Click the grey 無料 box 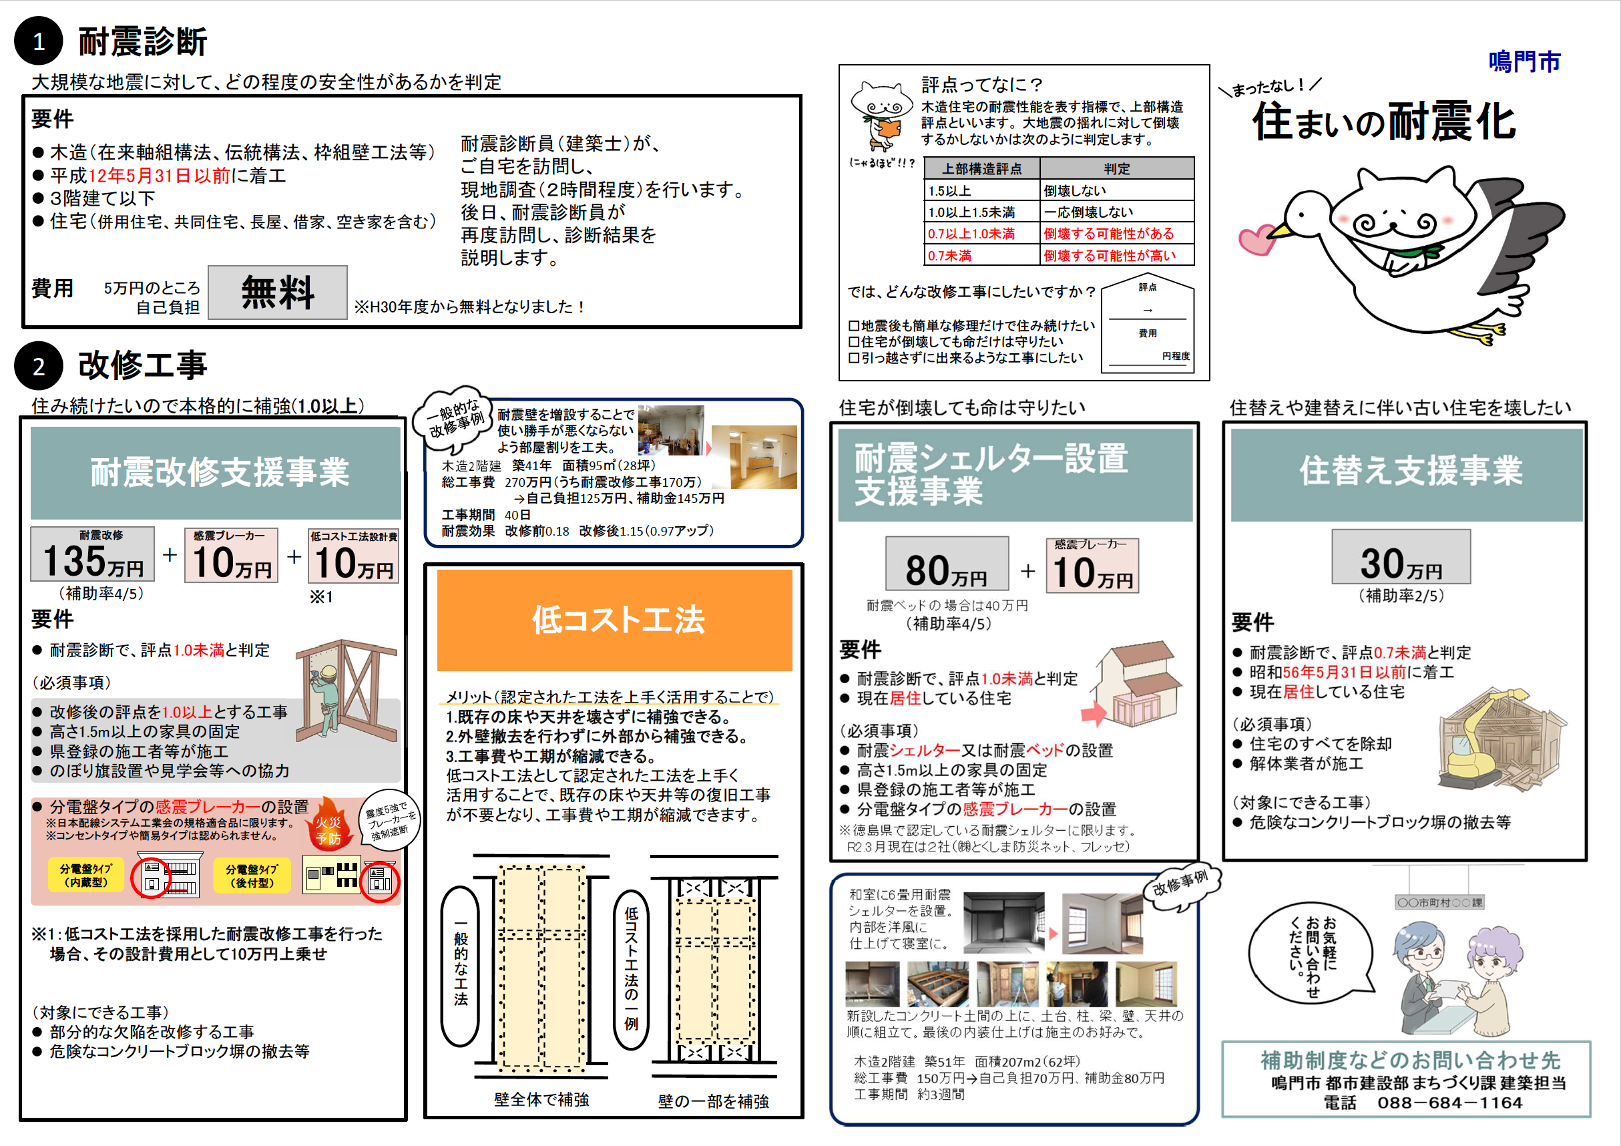click(277, 293)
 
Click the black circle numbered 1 click(39, 41)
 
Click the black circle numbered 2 click(39, 366)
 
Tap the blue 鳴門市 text click(1524, 61)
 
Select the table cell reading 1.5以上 click(980, 190)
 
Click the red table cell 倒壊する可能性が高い click(1116, 255)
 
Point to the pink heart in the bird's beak click(1256, 239)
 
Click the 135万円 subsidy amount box click(93, 554)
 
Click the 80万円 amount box click(946, 564)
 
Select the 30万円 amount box click(1401, 557)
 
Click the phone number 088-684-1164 click(1449, 1102)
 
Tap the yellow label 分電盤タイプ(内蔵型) click(85, 876)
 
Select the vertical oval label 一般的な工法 click(460, 966)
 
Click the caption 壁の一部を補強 click(713, 1101)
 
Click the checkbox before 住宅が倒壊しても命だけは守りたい click(854, 342)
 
